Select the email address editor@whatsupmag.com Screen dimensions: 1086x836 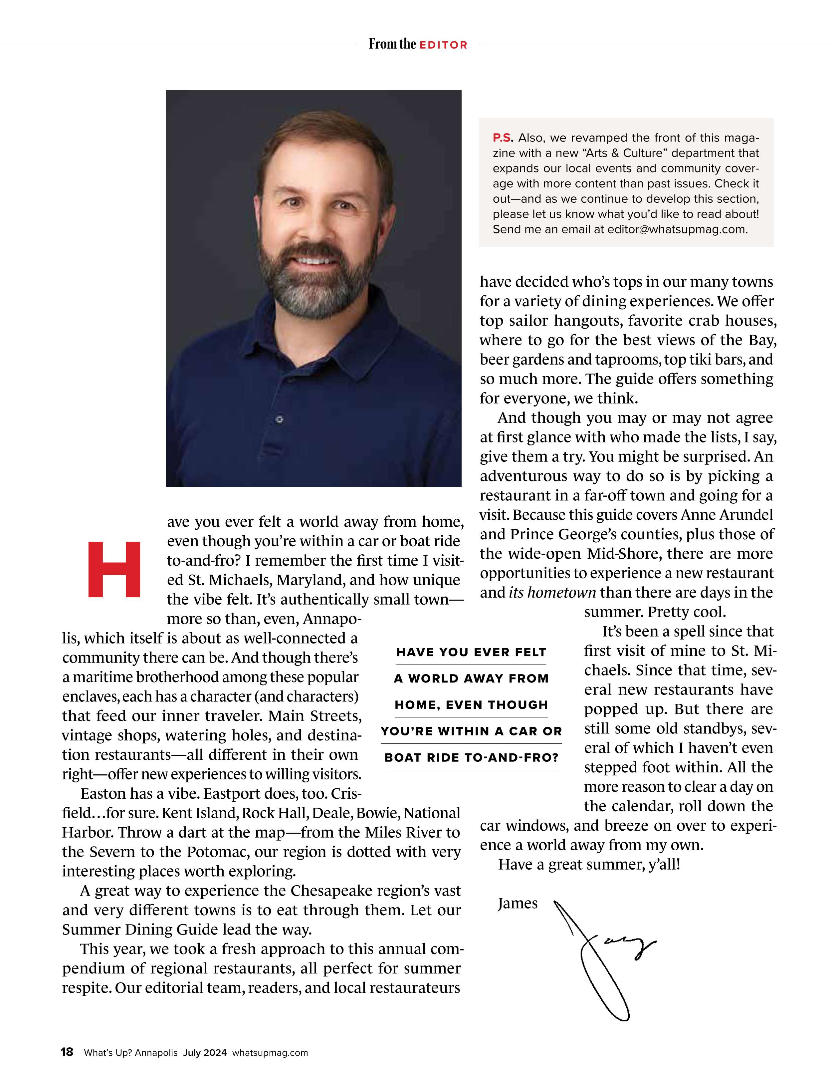677,230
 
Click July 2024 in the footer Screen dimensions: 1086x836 205,1053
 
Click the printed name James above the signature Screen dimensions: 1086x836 518,904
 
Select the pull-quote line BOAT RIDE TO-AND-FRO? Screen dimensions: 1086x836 471,758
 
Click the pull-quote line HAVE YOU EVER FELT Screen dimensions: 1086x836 471,653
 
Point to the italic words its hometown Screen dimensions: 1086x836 552,593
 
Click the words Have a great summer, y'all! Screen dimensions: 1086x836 589,864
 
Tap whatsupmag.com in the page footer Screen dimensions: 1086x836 270,1053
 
